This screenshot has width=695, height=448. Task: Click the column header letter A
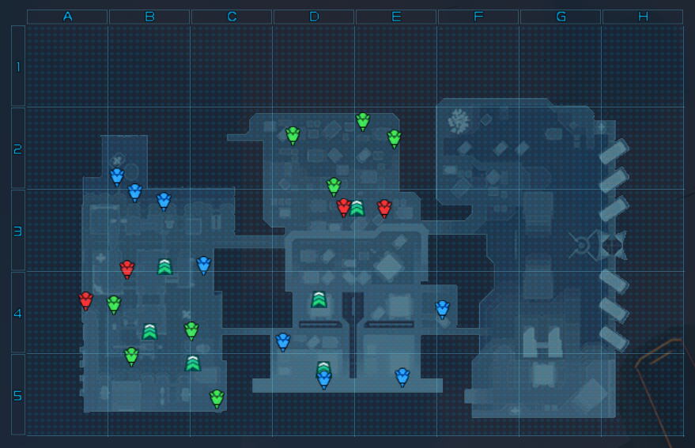pos(67,17)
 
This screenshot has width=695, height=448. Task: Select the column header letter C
pos(232,17)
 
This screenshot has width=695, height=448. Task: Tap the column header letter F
pos(478,17)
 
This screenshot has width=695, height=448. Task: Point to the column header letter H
pos(643,17)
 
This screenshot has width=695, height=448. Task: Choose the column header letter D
pos(314,17)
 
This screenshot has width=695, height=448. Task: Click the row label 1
pos(18,66)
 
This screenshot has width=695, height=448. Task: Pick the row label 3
pos(18,232)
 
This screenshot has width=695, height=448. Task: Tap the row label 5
pos(18,395)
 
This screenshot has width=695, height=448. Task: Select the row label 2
pos(18,149)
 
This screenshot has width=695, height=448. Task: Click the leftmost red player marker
pos(85,299)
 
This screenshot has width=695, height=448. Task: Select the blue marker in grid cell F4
pos(442,308)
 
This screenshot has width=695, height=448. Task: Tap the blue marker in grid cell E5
pos(402,376)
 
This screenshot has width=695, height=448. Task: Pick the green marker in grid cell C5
pos(217,397)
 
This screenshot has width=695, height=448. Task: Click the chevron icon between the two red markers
pos(357,208)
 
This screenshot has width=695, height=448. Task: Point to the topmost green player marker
pos(363,120)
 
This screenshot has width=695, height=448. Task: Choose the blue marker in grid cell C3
pos(203,264)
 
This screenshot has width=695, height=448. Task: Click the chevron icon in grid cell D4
pos(319,299)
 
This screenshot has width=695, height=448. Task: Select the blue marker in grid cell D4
pos(283,341)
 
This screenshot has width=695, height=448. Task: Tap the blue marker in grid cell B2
pos(117,175)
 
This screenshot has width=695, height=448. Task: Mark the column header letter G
pos(561,17)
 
